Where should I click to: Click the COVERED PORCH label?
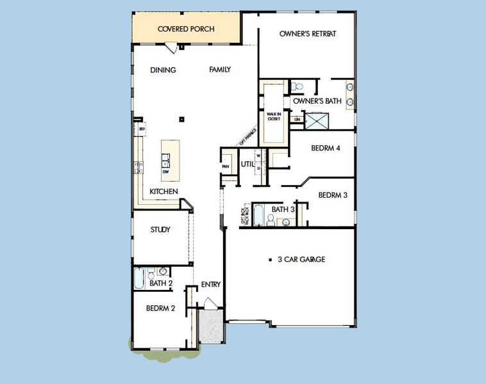point(186,29)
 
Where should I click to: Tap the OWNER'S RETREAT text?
point(308,34)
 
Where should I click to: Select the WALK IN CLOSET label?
point(274,117)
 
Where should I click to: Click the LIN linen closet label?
point(296,120)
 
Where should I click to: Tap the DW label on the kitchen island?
point(165,172)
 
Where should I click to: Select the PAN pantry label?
point(225,166)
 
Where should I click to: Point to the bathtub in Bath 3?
point(258,214)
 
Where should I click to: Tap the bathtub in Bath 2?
point(140,278)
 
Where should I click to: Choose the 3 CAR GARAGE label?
point(301,259)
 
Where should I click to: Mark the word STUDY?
point(160,230)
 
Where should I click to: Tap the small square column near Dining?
point(183,118)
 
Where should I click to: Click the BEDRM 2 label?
point(160,308)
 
